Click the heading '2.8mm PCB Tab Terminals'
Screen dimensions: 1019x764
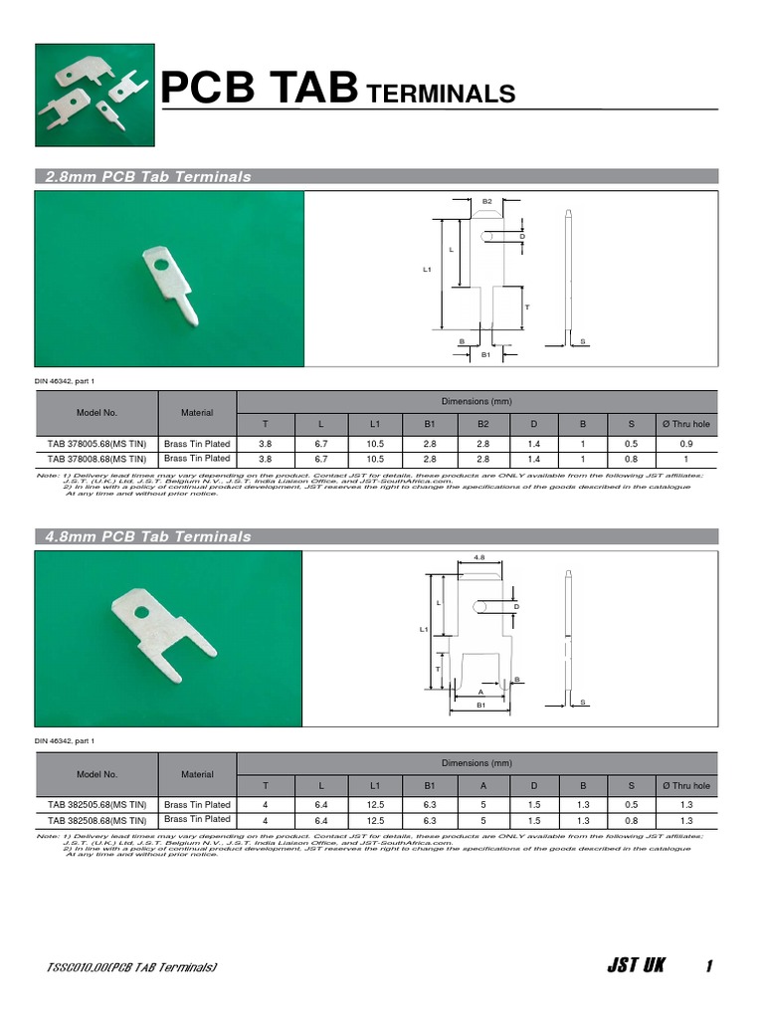148,177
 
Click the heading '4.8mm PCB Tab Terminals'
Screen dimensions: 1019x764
148,537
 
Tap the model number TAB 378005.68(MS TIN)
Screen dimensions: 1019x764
96,444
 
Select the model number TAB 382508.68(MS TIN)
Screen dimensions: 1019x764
96,820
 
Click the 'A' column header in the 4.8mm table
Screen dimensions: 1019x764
481,786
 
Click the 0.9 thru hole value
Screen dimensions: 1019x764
684,444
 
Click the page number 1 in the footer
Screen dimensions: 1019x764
708,966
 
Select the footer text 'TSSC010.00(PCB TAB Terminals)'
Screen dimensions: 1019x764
132,967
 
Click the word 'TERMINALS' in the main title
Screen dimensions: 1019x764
441,95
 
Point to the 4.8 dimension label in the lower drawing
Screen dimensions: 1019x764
480,557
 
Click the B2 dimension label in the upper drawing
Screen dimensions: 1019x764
487,201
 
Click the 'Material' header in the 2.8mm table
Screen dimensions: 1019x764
197,412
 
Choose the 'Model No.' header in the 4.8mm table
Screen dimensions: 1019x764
96,773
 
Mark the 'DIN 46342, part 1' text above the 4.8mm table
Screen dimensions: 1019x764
66,741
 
